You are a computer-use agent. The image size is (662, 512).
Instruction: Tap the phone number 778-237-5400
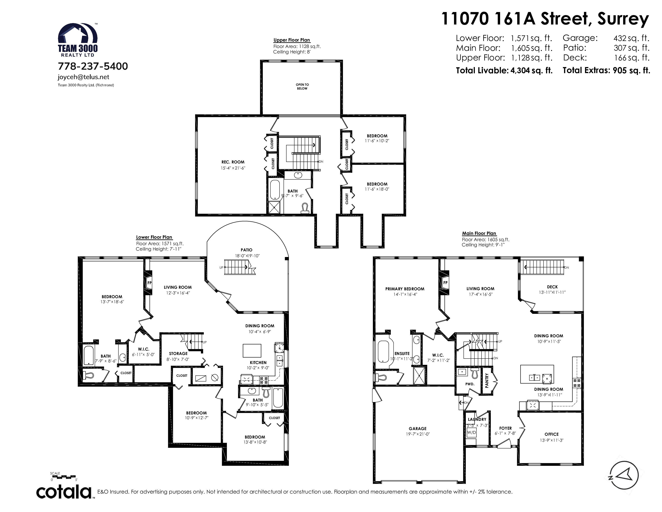(93, 66)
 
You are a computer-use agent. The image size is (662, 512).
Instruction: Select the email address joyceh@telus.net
(83, 77)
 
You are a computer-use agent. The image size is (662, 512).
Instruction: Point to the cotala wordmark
(64, 492)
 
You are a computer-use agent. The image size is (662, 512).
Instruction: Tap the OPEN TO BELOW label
(302, 87)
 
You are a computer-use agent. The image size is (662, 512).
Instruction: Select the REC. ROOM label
(233, 162)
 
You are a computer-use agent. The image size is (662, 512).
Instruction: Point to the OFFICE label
(551, 434)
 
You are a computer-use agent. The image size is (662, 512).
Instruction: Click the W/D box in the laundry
(471, 432)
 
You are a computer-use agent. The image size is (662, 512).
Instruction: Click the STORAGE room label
(178, 353)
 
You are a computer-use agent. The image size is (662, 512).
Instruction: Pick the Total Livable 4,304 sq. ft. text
(504, 70)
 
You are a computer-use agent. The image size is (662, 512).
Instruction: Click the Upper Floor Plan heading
(292, 40)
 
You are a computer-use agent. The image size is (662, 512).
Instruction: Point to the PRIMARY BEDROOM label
(405, 289)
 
